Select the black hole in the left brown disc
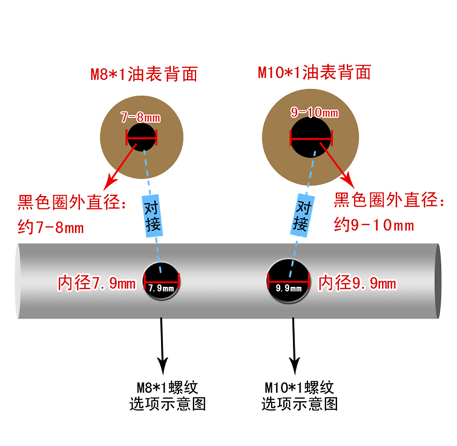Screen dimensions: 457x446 click(x=141, y=139)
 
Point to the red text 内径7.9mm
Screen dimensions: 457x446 click(x=96, y=283)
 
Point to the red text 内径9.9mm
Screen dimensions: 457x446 click(x=358, y=283)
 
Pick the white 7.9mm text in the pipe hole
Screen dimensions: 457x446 click(x=161, y=288)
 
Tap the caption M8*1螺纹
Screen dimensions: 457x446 click(x=167, y=387)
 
